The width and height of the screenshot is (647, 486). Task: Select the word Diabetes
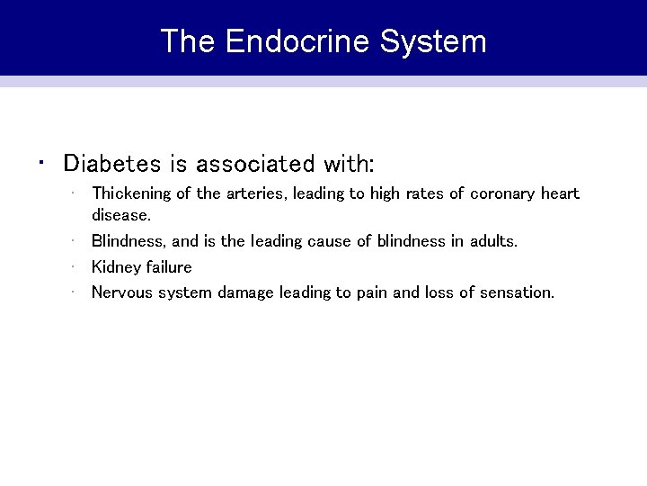pos(112,164)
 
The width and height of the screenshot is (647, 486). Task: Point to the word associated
pos(255,164)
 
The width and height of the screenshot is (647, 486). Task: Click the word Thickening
pos(129,193)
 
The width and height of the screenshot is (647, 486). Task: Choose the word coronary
pos(505,193)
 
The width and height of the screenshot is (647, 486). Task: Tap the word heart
pos(561,193)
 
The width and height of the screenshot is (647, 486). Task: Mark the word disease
pos(121,215)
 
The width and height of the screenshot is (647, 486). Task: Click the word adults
pos(495,241)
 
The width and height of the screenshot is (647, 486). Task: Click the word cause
pos(329,241)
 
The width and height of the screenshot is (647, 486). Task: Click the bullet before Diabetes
pos(41,163)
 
